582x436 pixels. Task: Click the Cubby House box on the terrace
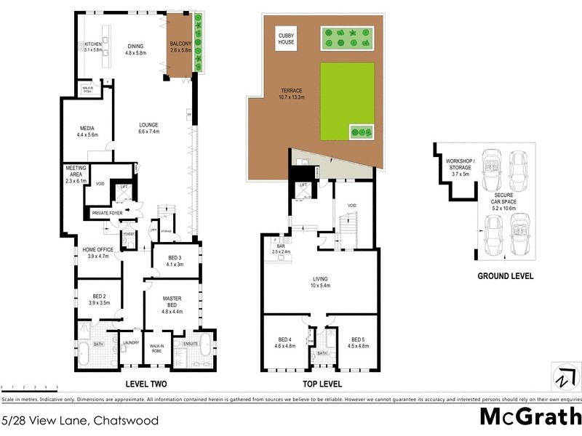pyautogui.click(x=287, y=39)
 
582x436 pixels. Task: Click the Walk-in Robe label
pyautogui.click(x=156, y=349)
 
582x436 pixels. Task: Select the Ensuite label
pyautogui.click(x=191, y=343)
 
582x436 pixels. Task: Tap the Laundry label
pyautogui.click(x=131, y=343)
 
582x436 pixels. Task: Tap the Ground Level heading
pyautogui.click(x=505, y=276)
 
